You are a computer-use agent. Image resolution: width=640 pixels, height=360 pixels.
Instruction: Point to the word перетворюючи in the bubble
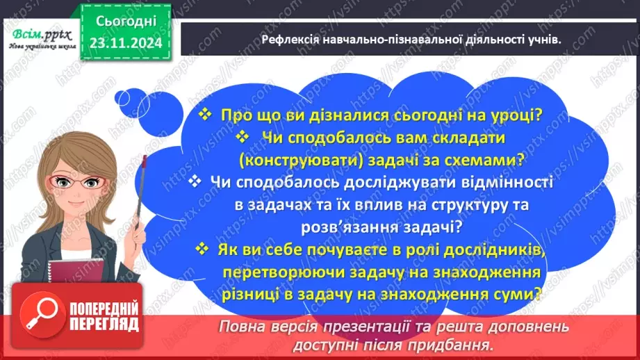pos(277,272)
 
